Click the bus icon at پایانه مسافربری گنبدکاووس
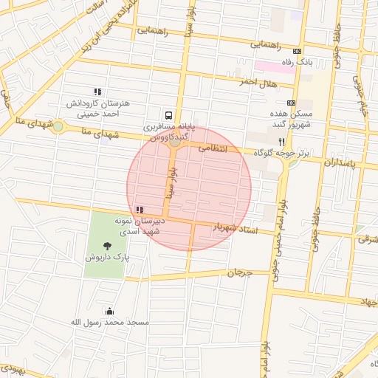click(169, 115)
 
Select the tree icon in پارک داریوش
click(108, 245)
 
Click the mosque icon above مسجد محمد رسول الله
click(110, 311)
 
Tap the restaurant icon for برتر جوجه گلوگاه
click(281, 141)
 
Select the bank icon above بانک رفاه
click(297, 51)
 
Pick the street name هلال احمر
click(258, 82)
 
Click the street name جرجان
click(239, 272)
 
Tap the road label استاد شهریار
click(236, 228)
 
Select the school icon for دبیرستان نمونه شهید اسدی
click(140, 210)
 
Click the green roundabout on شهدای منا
click(58, 126)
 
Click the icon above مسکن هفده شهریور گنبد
click(291, 103)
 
